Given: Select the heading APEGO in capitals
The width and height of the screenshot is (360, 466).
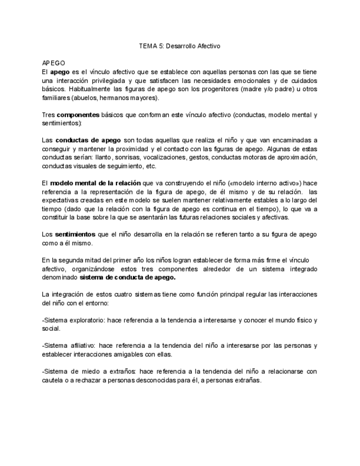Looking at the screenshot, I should pyautogui.click(x=53, y=64).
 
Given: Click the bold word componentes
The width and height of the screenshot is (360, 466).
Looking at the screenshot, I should pyautogui.click(x=78, y=115).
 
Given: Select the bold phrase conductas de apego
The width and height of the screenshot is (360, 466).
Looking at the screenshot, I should pyautogui.click(x=88, y=140).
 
